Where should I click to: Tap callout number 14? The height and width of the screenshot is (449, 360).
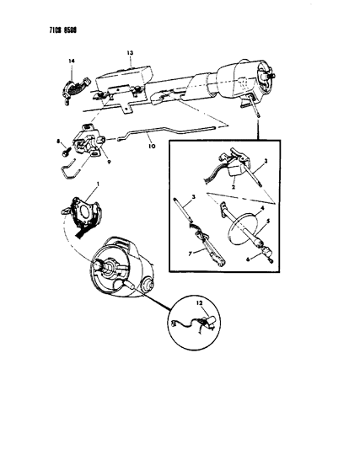coord(71,61)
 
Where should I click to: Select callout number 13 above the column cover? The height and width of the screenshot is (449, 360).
coord(130,52)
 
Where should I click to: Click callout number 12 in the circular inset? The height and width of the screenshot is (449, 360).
coord(199,301)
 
